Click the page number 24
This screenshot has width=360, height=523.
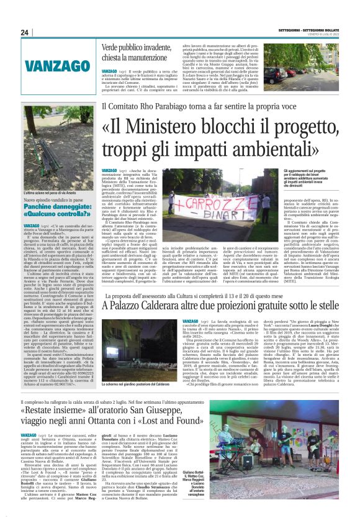[24, 32]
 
